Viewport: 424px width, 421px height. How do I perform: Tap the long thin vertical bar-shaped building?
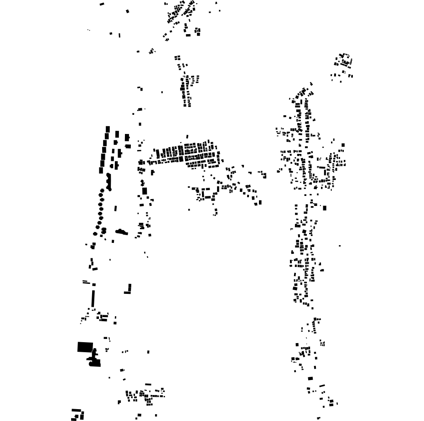[x=93, y=298]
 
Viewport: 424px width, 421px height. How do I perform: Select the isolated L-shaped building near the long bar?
[x=129, y=289]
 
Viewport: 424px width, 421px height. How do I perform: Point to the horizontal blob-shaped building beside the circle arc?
[x=121, y=232]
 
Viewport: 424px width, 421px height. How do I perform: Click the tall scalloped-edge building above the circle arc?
[x=109, y=181]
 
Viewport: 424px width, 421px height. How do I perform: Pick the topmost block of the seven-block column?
[x=108, y=129]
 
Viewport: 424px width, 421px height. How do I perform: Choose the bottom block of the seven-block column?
[x=102, y=170]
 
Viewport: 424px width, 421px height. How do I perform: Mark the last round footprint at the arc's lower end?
[x=95, y=234]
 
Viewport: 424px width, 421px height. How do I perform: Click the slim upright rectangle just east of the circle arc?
[x=115, y=208]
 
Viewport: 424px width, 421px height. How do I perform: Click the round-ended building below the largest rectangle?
[x=94, y=363]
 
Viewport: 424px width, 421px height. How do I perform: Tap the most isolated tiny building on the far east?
[x=340, y=246]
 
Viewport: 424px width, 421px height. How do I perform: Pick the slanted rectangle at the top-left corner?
[x=102, y=4]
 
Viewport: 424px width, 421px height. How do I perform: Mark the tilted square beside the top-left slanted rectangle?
[x=128, y=11]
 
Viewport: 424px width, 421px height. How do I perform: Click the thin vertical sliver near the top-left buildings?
[x=119, y=35]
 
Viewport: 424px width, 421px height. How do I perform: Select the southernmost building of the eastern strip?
[x=318, y=418]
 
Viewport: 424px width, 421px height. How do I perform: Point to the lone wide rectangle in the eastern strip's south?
[x=310, y=378]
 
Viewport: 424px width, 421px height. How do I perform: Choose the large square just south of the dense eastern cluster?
[x=325, y=208]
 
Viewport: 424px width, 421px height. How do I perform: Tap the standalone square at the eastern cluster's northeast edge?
[x=343, y=145]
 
